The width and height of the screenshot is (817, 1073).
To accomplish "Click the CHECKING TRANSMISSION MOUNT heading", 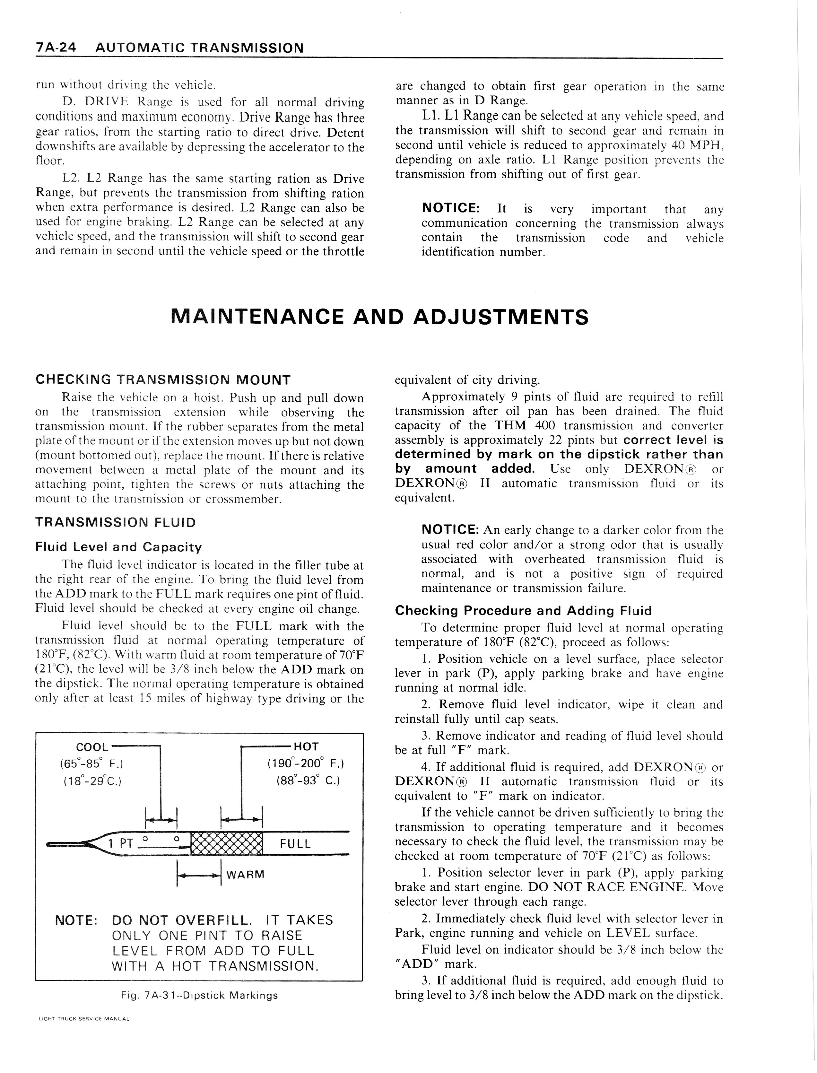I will pyautogui.click(x=163, y=380).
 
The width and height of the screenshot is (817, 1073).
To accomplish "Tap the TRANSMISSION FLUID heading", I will pyautogui.click(x=115, y=522).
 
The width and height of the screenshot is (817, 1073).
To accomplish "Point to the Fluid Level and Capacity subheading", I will pyautogui.click(x=118, y=547).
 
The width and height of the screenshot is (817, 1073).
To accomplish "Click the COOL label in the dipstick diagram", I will pyautogui.click(x=92, y=747).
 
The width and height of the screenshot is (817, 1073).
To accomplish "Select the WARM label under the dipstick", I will pyautogui.click(x=245, y=875).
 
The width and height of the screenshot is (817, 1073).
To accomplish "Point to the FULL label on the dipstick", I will pyautogui.click(x=295, y=844).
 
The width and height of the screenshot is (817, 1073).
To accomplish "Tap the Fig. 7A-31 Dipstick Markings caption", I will pyautogui.click(x=199, y=995).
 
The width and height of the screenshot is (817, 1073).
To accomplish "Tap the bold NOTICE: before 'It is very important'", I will pyautogui.click(x=451, y=208).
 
